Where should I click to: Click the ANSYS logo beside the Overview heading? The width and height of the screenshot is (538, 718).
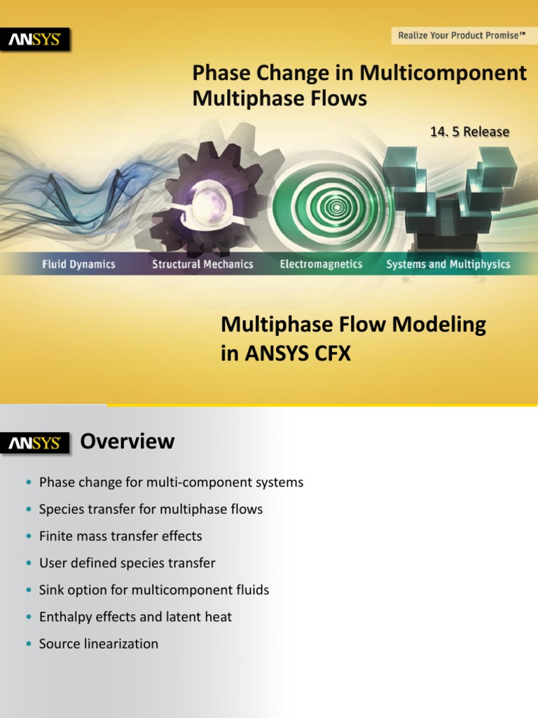coord(34,443)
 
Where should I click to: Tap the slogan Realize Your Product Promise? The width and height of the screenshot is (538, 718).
coord(462,34)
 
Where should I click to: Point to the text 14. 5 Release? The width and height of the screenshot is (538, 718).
coord(469,132)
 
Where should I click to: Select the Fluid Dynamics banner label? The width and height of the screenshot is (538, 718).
coord(78,264)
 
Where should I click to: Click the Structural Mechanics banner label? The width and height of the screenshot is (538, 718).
coord(202,264)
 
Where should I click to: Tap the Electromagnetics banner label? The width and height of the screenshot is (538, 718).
coord(321,264)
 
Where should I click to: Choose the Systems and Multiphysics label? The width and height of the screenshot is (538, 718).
coord(448,264)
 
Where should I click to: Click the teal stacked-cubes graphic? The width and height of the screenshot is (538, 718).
coord(448,193)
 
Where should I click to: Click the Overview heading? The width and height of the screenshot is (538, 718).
coord(127,441)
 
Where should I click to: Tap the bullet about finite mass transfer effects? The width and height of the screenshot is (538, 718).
coord(120,536)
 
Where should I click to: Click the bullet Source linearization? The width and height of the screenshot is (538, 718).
coord(99,644)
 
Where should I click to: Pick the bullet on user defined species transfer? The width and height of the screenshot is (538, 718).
coord(127,563)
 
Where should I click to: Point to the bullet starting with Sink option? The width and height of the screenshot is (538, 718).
coord(154,590)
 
